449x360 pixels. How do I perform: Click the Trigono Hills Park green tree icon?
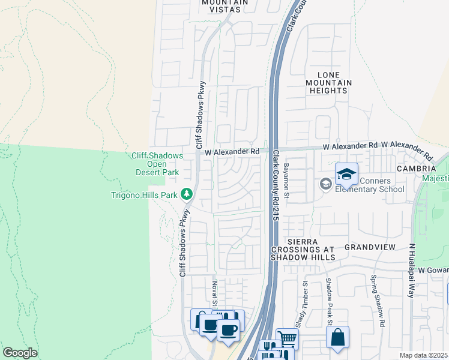(x=187, y=194)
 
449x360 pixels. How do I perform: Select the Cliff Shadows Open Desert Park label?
(x=157, y=164)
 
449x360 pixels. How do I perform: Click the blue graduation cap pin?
(x=346, y=174)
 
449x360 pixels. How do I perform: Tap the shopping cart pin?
(x=287, y=339)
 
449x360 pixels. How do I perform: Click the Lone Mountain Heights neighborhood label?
(x=327, y=82)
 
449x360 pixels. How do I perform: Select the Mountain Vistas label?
(x=225, y=6)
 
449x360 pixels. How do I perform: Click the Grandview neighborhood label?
(x=368, y=247)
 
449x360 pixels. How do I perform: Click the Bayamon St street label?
(x=286, y=181)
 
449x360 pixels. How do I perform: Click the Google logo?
(x=20, y=352)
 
